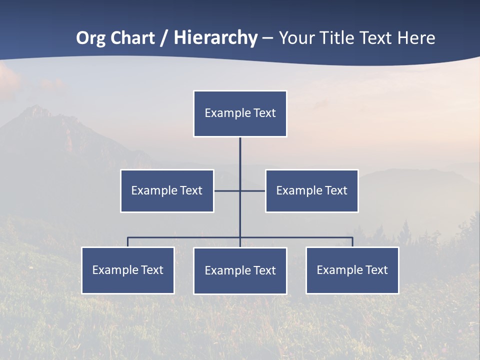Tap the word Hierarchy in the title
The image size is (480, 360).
tap(215, 38)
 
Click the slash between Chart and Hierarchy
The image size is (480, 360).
tap(164, 38)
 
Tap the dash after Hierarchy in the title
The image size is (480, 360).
tap(267, 38)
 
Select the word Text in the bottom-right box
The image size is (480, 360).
tap(376, 270)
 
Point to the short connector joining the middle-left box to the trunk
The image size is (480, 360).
tap(226, 190)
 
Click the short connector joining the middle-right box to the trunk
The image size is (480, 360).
tap(253, 190)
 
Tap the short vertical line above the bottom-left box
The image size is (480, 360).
tap(128, 242)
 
